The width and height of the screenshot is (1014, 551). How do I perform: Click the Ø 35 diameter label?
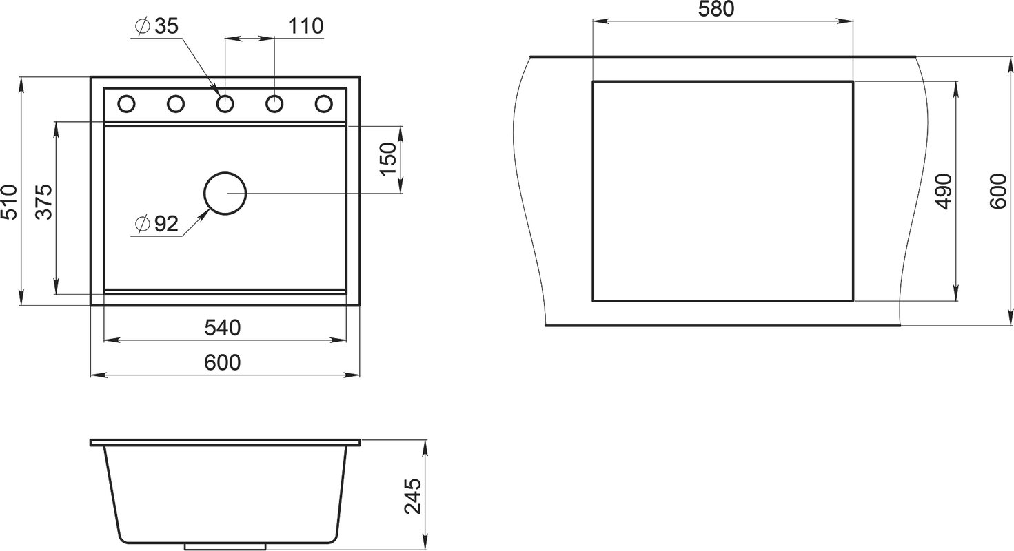(x=156, y=27)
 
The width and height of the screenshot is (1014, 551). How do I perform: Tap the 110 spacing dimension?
(x=305, y=26)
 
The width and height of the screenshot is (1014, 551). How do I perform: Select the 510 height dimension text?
(x=9, y=202)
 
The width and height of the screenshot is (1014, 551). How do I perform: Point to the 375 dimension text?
(x=44, y=202)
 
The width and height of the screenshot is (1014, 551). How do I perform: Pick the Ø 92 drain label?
(x=156, y=223)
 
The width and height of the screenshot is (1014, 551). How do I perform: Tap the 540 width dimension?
(x=222, y=328)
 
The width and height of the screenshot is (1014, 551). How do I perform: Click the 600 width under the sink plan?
(x=222, y=362)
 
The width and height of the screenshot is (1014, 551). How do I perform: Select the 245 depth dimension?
(x=412, y=497)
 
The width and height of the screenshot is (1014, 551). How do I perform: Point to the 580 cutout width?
(x=716, y=9)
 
